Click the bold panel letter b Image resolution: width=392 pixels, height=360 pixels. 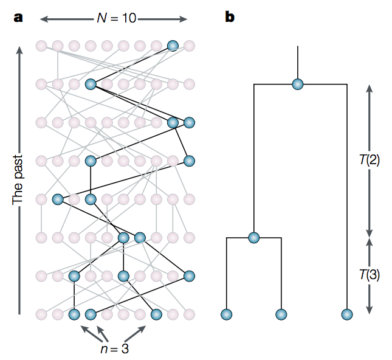click(230, 17)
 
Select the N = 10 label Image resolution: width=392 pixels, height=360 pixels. click(117, 18)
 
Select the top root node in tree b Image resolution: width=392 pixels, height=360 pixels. click(297, 85)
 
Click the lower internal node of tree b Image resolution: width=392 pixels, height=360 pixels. click(253, 237)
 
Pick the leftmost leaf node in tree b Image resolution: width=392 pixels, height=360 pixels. click(226, 314)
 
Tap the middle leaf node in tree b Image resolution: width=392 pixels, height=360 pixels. click(281, 314)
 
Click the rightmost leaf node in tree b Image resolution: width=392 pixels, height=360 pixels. click(346, 314)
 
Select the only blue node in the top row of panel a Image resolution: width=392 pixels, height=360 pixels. click(173, 45)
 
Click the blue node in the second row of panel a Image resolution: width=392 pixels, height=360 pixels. click(91, 85)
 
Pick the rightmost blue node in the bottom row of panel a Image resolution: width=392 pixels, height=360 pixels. click(156, 314)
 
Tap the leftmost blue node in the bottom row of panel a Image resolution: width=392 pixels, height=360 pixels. click(74, 314)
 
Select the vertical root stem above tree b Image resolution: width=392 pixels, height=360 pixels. click(297, 61)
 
